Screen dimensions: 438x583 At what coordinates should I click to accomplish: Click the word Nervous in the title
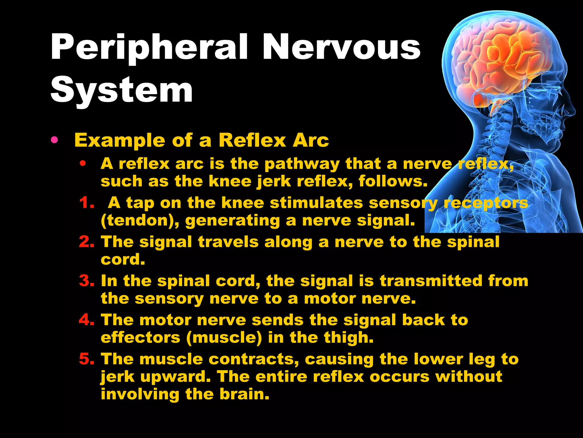click(341, 47)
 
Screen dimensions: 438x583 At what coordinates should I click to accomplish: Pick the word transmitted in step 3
click(431, 281)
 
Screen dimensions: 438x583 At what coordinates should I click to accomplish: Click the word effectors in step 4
click(140, 337)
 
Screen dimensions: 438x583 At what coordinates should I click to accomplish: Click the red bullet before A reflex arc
click(83, 164)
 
